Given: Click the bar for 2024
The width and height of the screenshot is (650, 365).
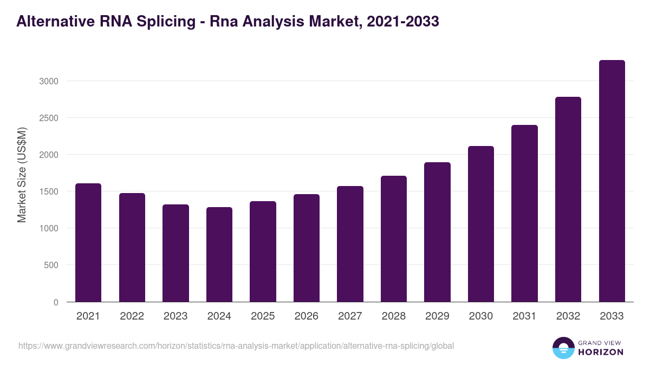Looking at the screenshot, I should click(219, 254).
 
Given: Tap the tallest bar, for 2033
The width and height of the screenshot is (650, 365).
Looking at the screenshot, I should click(612, 181).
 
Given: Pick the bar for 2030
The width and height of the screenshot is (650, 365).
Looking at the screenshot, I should click(481, 224).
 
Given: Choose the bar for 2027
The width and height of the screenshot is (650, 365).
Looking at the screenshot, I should click(350, 244).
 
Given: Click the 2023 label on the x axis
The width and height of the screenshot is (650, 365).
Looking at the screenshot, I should click(175, 316).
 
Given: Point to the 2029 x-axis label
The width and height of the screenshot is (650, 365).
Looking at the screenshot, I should click(437, 316).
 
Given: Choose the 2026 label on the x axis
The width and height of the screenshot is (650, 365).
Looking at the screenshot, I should click(307, 316).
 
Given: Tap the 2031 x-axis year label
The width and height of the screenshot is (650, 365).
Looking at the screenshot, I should click(524, 316).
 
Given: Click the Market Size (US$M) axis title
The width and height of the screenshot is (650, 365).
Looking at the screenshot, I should click(22, 175).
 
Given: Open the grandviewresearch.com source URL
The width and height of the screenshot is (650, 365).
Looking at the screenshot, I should click(236, 346).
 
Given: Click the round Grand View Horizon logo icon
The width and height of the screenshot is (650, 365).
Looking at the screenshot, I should click(563, 348).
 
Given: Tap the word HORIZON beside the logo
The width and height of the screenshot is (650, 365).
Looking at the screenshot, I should click(600, 352).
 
